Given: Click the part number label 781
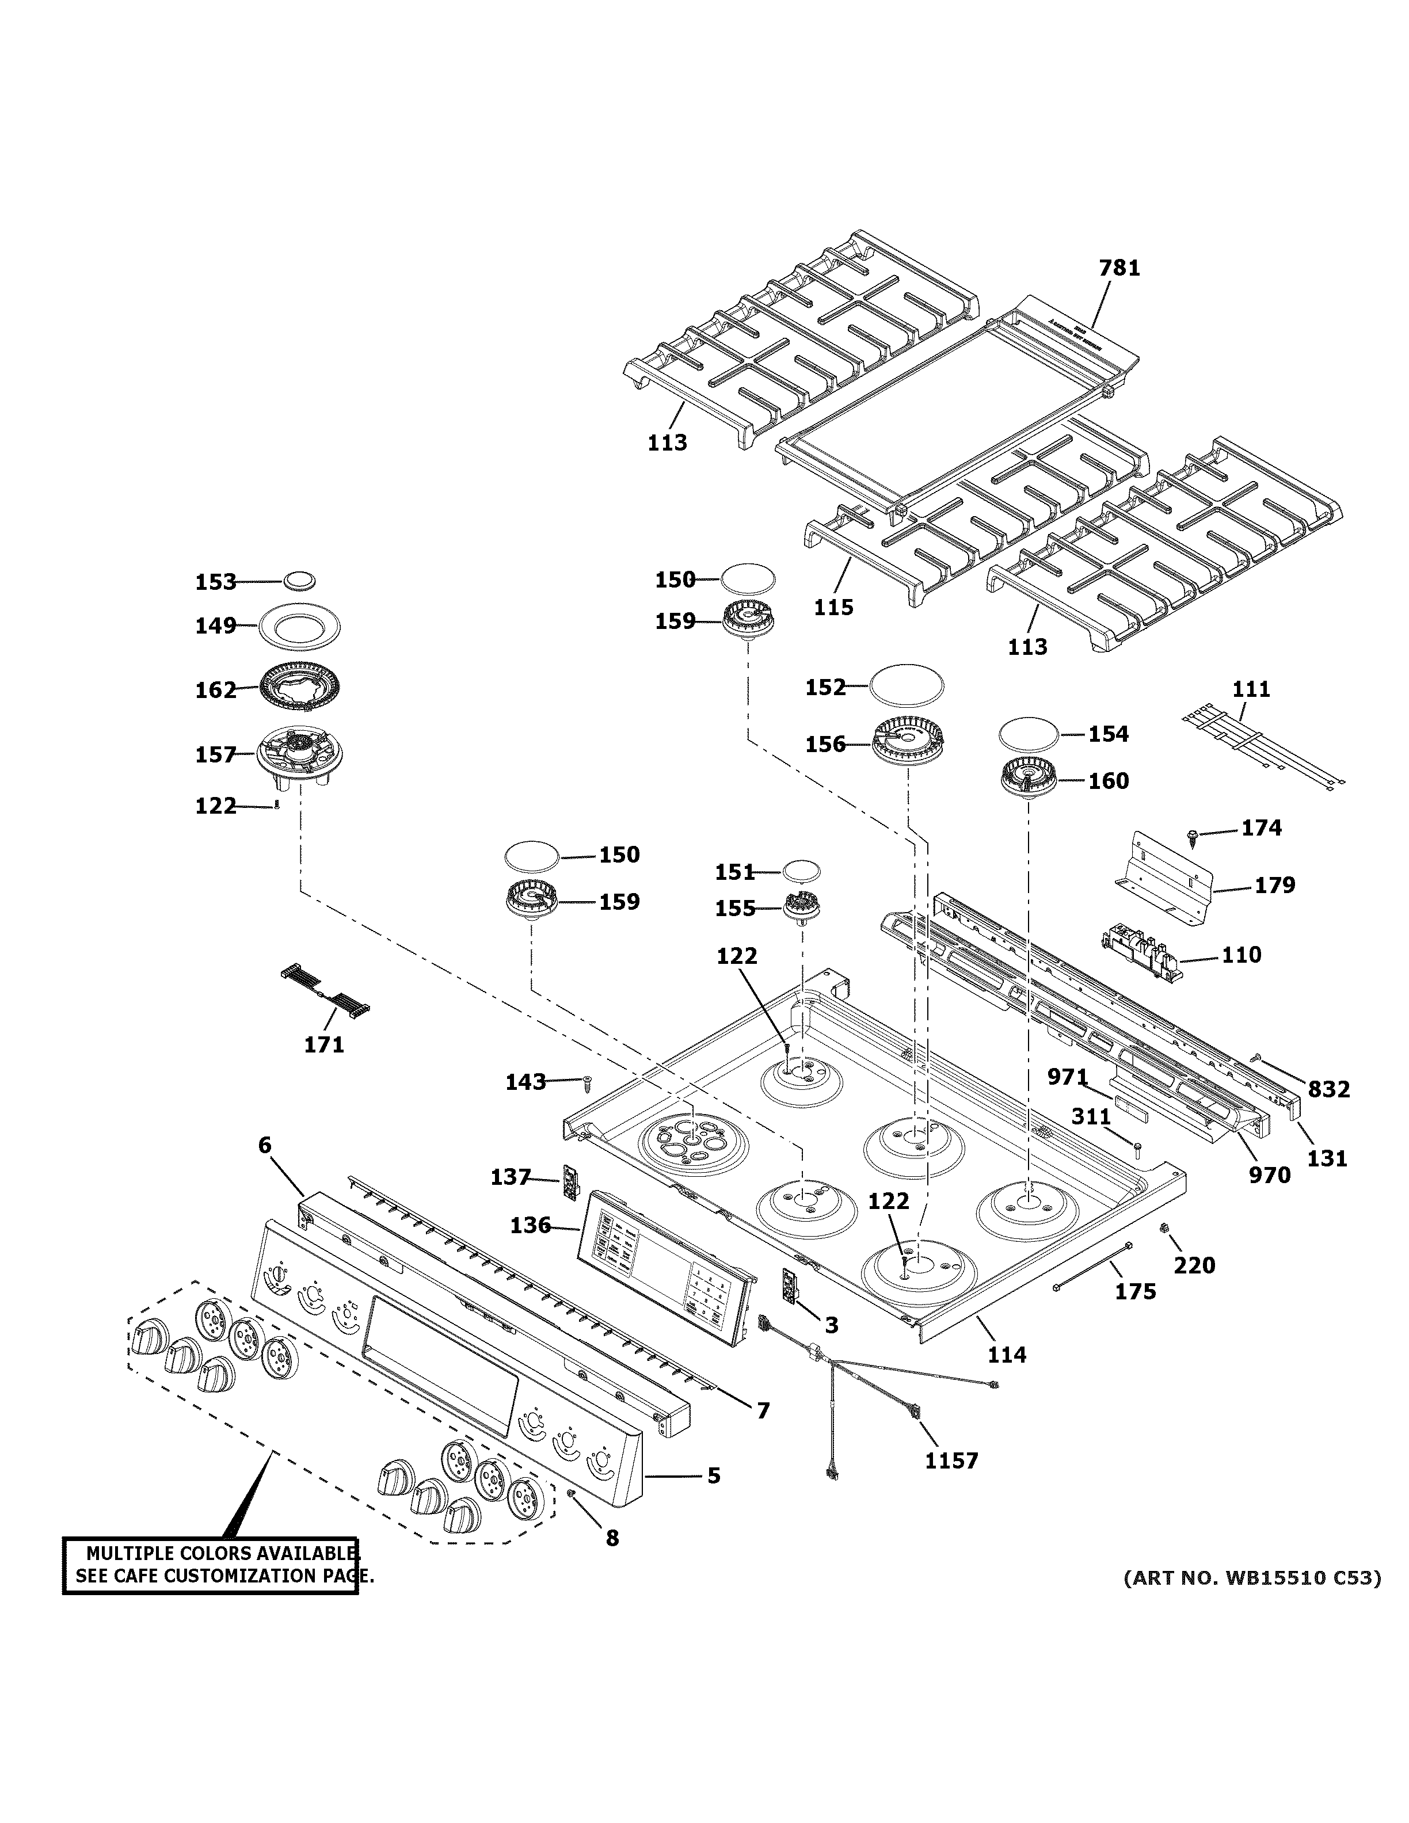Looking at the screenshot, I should point(1118,268).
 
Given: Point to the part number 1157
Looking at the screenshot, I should point(951,1460).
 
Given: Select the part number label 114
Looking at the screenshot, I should point(1007,1354).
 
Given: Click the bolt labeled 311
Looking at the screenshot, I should point(1137,1150).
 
